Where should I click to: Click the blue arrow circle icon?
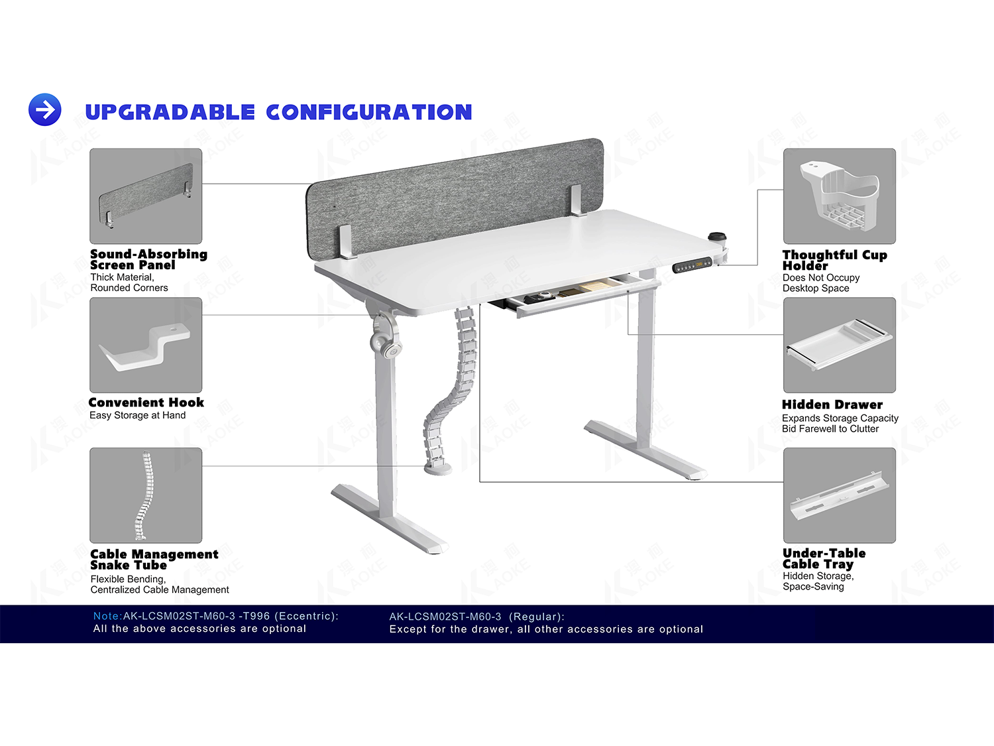coord(45,109)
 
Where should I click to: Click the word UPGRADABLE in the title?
coord(170,112)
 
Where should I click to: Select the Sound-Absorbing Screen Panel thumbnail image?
coord(146,196)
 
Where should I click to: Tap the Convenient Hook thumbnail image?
coord(146,345)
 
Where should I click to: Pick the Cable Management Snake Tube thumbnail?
coord(146,495)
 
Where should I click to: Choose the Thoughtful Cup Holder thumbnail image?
coord(840,196)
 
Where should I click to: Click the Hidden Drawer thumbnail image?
coord(840,345)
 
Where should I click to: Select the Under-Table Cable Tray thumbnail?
coord(840,495)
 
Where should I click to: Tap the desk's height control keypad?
coord(692,265)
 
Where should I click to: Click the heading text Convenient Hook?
coord(146,403)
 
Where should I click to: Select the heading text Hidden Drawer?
coord(832,404)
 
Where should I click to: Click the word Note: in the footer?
coord(108,616)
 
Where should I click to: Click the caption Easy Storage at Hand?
coord(138,415)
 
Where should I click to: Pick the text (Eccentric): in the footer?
coord(307,616)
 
